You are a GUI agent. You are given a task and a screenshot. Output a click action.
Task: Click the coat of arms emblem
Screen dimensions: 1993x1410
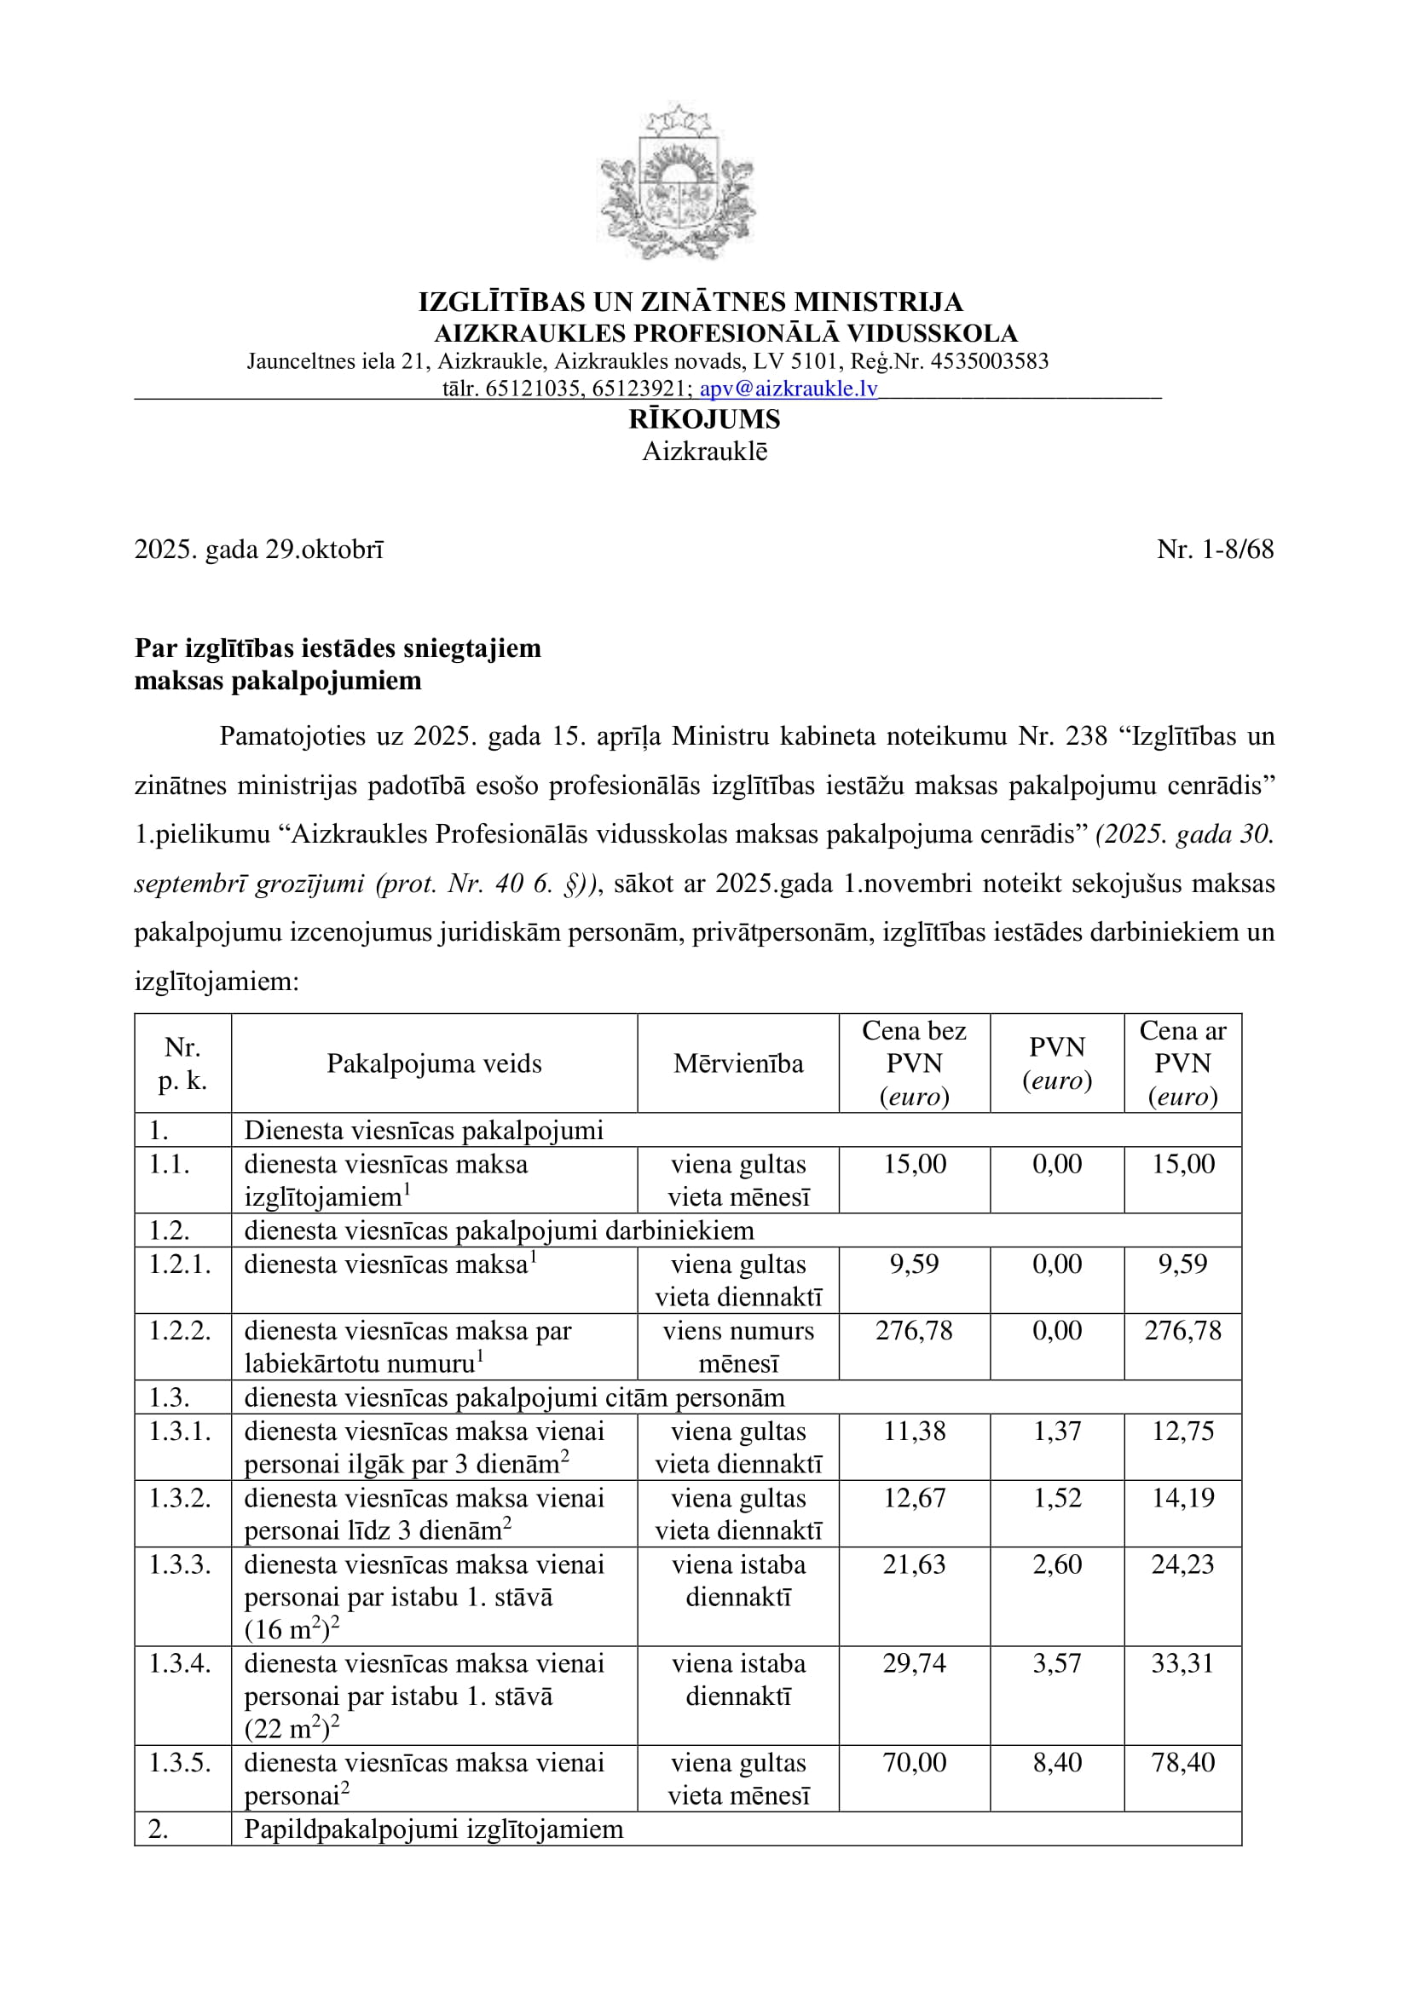[678, 182]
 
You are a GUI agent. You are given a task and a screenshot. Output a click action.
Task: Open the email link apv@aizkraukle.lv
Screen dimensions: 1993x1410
[789, 389]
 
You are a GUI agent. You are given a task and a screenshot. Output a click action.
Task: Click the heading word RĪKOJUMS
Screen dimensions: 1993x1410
[704, 419]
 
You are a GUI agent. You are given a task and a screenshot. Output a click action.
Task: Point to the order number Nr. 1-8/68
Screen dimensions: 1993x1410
[1215, 550]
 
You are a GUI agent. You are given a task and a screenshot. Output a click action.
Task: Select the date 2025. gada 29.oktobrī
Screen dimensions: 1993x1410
[259, 550]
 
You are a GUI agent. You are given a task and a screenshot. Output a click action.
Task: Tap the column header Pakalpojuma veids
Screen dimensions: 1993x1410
[434, 1063]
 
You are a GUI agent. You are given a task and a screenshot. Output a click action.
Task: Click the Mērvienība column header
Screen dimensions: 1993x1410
[738, 1063]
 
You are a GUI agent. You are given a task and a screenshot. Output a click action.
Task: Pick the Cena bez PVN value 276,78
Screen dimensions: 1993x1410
[913, 1331]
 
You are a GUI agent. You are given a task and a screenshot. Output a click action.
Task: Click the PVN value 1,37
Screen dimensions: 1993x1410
[1056, 1431]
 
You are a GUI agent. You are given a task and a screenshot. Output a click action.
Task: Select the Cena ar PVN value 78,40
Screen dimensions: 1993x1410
[1182, 1763]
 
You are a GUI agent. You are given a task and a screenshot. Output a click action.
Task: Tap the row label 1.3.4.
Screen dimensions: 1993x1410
[180, 1664]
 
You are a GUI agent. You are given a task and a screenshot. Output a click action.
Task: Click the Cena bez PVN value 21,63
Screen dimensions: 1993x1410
[913, 1565]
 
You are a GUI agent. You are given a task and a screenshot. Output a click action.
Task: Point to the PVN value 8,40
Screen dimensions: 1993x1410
[1056, 1763]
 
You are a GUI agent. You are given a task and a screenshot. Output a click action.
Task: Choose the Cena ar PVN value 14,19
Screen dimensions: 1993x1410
[1182, 1498]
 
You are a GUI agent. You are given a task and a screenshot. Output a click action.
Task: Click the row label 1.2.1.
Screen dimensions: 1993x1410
[180, 1264]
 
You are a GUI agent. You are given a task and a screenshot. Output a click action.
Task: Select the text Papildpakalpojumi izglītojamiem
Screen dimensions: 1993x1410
[433, 1829]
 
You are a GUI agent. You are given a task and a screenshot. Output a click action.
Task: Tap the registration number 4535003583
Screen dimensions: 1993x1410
[991, 361]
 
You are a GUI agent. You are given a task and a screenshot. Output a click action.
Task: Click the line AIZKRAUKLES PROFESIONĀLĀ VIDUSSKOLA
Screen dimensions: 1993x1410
[725, 333]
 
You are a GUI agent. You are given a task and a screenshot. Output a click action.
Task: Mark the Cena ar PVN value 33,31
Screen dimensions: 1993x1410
[1182, 1664]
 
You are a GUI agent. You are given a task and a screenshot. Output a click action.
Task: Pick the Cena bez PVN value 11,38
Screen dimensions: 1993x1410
[913, 1431]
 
